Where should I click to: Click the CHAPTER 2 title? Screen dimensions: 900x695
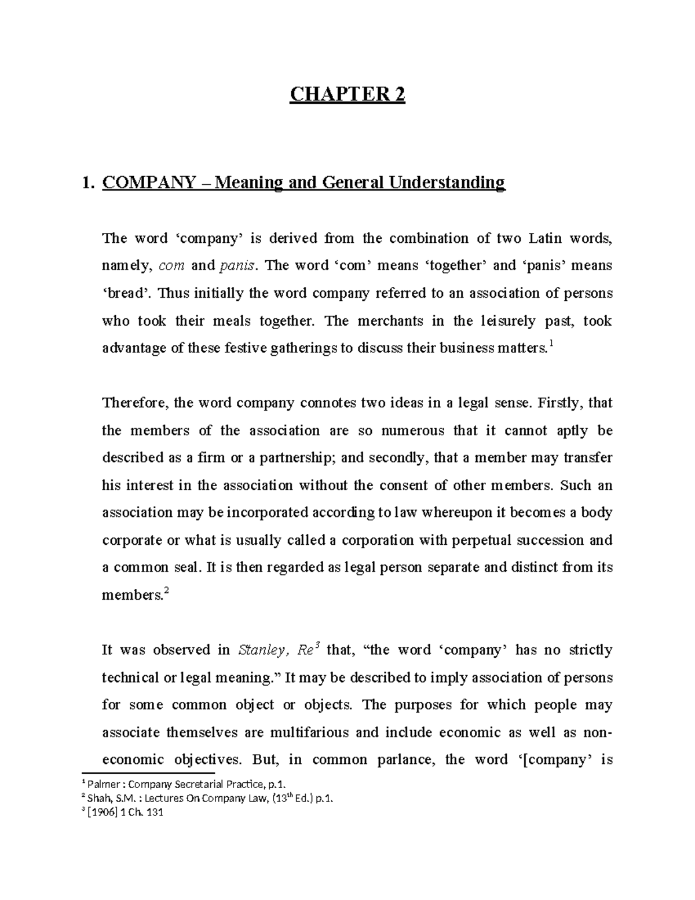click(347, 94)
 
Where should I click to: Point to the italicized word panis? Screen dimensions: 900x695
click(236, 266)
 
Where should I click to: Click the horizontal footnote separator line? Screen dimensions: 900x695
click(148, 773)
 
